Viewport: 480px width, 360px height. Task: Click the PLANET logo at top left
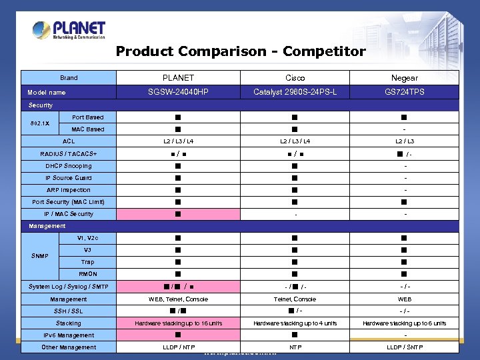[68, 31]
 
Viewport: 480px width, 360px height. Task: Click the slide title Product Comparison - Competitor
[241, 51]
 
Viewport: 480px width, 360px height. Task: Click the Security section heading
[41, 105]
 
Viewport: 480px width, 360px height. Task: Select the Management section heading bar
[47, 226]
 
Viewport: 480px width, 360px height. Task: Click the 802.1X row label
[38, 123]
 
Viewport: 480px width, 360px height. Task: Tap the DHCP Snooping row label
[69, 166]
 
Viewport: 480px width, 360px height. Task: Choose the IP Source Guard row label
[69, 178]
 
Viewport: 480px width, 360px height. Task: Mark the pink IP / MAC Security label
[69, 214]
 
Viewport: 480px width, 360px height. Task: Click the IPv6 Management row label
[69, 335]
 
